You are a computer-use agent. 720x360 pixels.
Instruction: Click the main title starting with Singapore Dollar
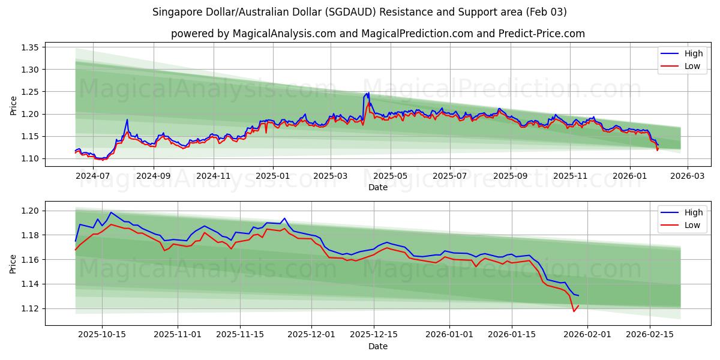pyautogui.click(x=359, y=12)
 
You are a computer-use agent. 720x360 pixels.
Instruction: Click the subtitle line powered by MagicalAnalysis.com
pyautogui.click(x=378, y=34)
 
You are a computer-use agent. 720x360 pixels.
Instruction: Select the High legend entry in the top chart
pyautogui.click(x=693, y=53)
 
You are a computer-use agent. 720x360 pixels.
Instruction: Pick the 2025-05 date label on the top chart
pyautogui.click(x=391, y=176)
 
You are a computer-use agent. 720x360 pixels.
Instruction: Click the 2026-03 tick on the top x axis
pyautogui.click(x=687, y=176)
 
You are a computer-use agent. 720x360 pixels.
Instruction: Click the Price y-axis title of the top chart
pyautogui.click(x=14, y=105)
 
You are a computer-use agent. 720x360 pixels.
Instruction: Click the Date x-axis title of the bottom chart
pyautogui.click(x=378, y=346)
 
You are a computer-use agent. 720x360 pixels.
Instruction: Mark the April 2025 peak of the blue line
pyautogui.click(x=368, y=93)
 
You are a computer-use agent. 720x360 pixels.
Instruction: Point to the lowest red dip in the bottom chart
pyautogui.click(x=574, y=311)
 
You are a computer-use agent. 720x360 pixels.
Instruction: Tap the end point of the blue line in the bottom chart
pyautogui.click(x=578, y=295)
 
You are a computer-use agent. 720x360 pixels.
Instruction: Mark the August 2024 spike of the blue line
pyautogui.click(x=127, y=119)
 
